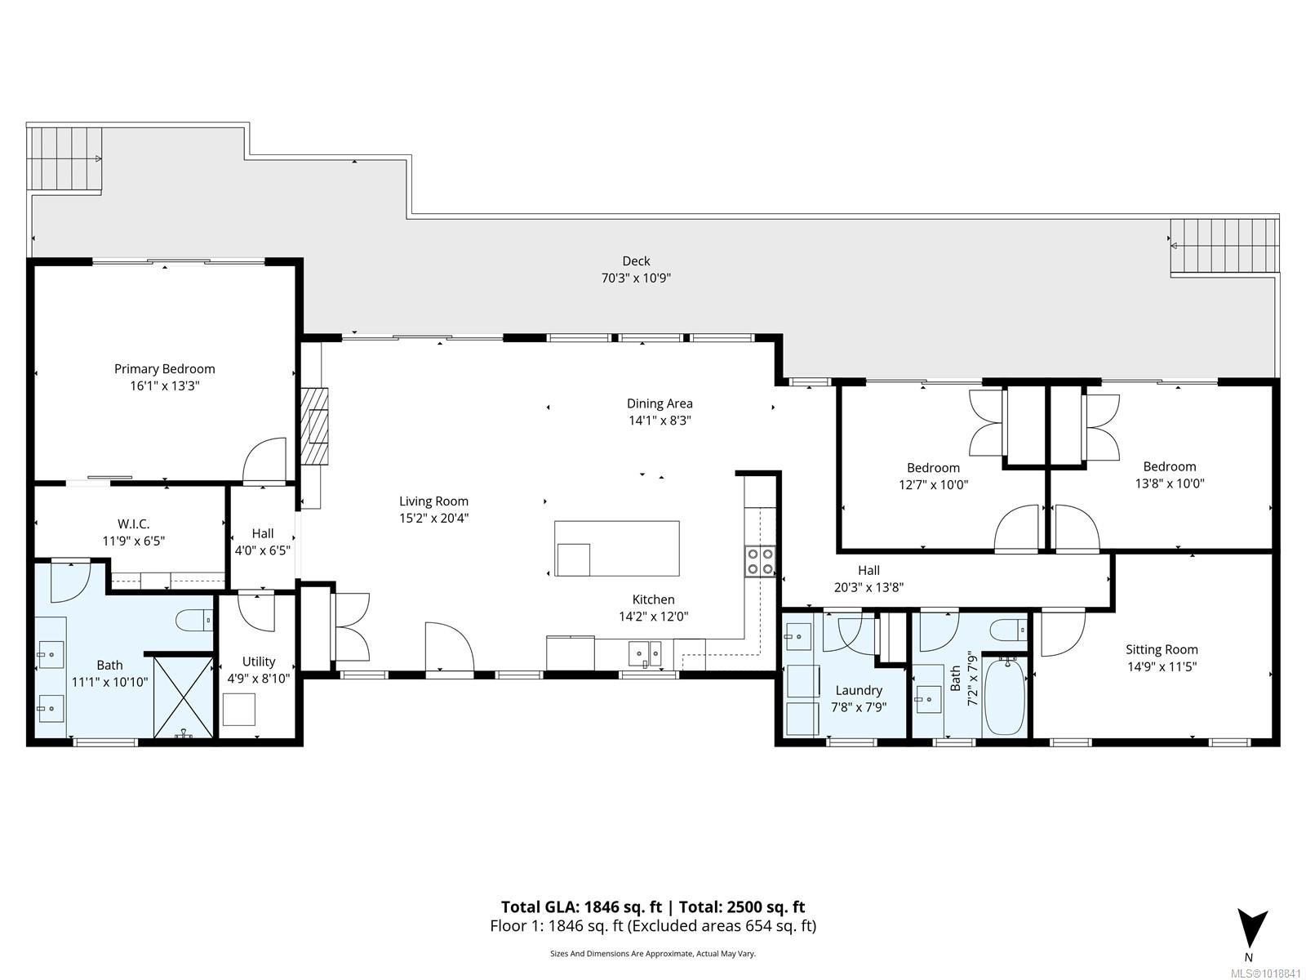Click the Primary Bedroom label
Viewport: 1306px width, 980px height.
point(164,369)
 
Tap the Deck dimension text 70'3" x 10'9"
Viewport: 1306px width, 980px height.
point(636,278)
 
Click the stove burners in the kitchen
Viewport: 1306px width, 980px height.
point(760,560)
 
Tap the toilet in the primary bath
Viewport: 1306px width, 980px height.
point(194,621)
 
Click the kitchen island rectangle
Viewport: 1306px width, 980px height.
point(617,548)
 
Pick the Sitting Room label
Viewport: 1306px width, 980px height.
point(1162,650)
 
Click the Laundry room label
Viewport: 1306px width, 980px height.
point(858,690)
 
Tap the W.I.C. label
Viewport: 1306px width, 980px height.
point(133,523)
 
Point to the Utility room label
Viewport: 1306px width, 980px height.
point(259,661)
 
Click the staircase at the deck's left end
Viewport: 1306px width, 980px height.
point(64,158)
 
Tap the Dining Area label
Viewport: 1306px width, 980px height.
point(660,403)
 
